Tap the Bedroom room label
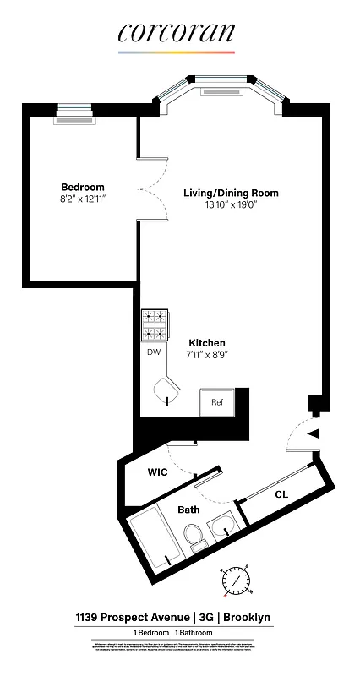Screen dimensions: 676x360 (83, 187)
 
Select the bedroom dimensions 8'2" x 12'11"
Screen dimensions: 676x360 (83, 199)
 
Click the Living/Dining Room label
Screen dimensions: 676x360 (231, 193)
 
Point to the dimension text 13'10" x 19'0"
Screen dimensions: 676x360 (231, 205)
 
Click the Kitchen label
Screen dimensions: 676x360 (207, 342)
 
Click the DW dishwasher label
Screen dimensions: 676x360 (154, 352)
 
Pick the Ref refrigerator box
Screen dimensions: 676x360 (216, 402)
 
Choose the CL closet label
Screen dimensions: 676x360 (281, 494)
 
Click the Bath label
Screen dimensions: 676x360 (188, 510)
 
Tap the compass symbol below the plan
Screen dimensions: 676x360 (236, 581)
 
